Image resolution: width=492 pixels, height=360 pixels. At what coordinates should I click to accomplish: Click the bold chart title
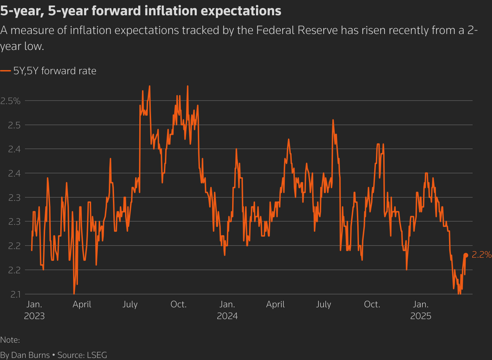tap(141, 11)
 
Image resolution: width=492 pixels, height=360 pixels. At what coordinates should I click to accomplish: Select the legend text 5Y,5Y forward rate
tap(55, 71)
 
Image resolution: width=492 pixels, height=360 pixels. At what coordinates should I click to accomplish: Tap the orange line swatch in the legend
tap(6, 71)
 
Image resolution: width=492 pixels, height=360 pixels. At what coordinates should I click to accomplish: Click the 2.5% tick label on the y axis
tap(10, 101)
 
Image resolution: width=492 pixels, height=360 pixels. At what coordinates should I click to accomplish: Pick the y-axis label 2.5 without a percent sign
tap(14, 125)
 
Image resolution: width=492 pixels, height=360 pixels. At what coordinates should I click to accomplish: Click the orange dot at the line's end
tap(466, 255)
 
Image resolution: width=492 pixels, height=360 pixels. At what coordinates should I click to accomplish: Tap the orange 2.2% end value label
tap(482, 255)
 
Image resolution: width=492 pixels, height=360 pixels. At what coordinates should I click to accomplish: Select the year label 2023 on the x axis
tap(34, 316)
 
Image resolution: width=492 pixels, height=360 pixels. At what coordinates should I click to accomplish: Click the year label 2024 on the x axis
tap(227, 316)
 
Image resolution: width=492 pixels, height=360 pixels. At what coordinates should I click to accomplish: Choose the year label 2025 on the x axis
tap(421, 316)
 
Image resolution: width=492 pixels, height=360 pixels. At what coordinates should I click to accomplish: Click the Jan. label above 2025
tap(421, 305)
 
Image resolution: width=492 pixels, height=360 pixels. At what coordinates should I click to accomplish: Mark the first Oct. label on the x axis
tap(178, 305)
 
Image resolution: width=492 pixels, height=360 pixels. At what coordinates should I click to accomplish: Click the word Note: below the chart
tap(10, 340)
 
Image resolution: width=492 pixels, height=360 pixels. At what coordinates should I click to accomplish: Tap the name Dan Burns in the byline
tap(30, 355)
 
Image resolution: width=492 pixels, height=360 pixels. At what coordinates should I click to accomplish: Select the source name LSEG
tap(97, 355)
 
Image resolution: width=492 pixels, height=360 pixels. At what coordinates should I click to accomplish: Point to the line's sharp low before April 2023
tap(74, 293)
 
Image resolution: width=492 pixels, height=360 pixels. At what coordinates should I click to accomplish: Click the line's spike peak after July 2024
tap(333, 120)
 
